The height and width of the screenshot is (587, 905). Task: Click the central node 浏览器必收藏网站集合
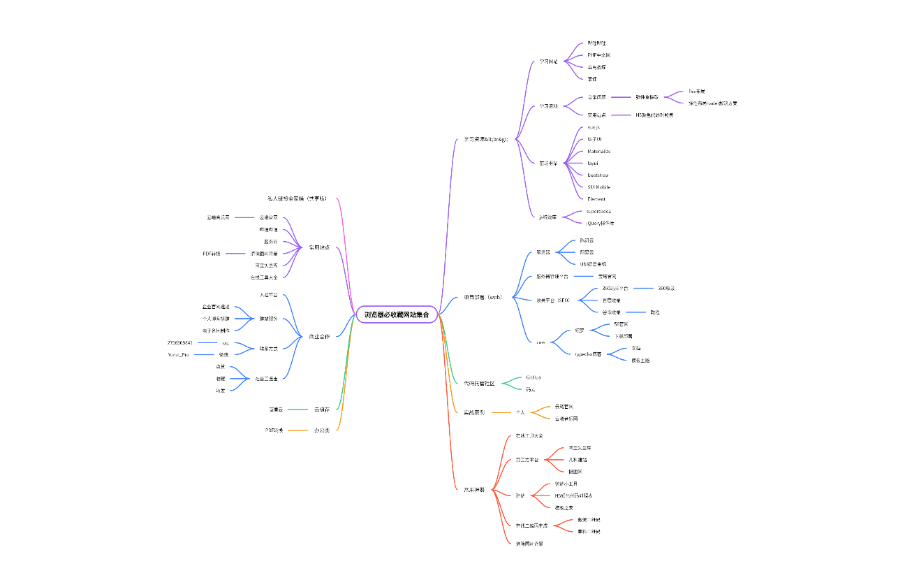click(397, 315)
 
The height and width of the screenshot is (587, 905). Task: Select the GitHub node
click(534, 377)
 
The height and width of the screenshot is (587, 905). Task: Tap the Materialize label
click(598, 152)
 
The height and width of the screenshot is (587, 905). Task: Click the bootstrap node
click(597, 175)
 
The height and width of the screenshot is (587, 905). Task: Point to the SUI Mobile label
click(598, 187)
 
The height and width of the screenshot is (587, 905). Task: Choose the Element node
click(596, 199)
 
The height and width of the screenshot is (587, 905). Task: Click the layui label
click(592, 164)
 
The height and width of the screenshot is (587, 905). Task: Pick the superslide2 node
click(599, 211)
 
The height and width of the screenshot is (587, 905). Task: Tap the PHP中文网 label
click(599, 55)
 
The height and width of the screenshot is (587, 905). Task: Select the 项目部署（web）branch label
click(483, 297)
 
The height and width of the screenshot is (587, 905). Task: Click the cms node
click(540, 342)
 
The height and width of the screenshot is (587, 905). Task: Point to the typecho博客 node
click(589, 354)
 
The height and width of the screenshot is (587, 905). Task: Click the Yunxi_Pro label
click(178, 354)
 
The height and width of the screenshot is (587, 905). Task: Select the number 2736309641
click(180, 342)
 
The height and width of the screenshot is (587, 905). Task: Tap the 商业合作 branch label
click(319, 337)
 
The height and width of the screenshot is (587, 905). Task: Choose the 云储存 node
click(321, 410)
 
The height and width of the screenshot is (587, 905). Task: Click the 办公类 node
click(321, 430)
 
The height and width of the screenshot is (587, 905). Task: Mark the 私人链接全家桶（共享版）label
click(297, 199)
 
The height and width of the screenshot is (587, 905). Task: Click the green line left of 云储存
click(298, 410)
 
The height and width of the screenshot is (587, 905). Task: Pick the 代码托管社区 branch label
click(479, 383)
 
